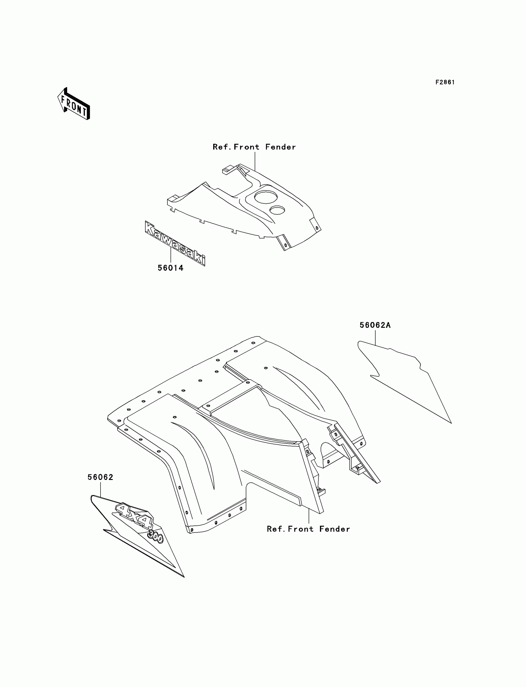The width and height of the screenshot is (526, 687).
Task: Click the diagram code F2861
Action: [445, 82]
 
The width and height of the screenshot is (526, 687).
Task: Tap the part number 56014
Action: [170, 268]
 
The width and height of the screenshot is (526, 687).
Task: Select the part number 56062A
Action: [375, 325]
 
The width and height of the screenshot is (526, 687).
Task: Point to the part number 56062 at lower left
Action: [100, 477]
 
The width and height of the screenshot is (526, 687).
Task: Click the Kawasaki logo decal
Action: [175, 243]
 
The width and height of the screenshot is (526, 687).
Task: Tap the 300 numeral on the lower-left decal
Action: [155, 536]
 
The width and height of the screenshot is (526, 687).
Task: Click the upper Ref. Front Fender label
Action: [254, 147]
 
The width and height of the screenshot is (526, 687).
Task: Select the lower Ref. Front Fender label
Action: [308, 529]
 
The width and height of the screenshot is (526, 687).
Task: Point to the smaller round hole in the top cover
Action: [277, 210]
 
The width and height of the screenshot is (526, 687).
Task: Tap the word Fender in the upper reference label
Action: [280, 147]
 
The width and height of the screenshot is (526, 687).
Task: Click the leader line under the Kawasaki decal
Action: [170, 255]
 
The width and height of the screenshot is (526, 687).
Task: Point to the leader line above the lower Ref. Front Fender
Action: [309, 516]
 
